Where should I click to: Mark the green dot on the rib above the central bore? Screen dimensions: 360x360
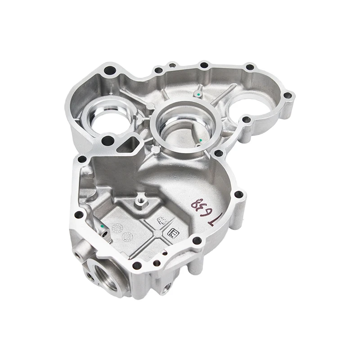point(198,94)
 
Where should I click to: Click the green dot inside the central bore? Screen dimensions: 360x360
point(198,145)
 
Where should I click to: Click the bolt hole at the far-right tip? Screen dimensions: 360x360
point(288,96)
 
